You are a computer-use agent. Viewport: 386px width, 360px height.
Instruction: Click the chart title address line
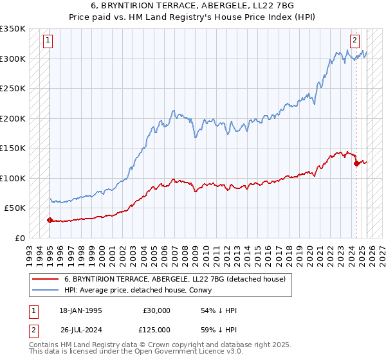coord(193,6)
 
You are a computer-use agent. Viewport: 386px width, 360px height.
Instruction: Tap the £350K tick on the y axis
coord(13,29)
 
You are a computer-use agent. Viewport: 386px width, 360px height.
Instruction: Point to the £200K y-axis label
coord(13,118)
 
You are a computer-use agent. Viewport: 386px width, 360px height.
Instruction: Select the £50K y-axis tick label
coord(15,208)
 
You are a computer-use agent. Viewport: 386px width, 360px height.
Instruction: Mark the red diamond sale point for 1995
coord(50,220)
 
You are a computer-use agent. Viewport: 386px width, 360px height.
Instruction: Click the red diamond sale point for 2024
coord(356,163)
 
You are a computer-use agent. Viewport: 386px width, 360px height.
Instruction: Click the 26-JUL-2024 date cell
coord(80,329)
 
